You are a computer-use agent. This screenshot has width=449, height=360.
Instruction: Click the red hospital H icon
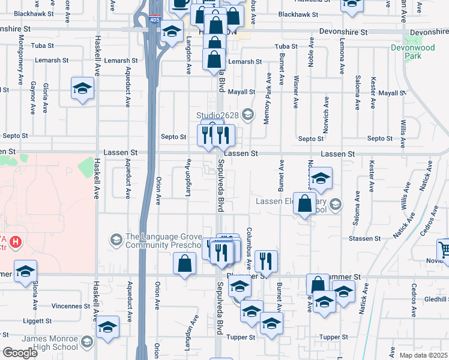point(16,243)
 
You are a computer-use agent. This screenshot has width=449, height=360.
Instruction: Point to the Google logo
point(20,352)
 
